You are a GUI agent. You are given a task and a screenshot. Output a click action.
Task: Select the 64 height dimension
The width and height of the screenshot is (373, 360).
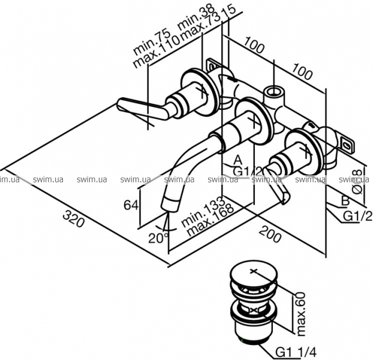tap(131, 205)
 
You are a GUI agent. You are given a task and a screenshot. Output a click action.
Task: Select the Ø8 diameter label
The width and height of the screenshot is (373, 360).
tap(358, 179)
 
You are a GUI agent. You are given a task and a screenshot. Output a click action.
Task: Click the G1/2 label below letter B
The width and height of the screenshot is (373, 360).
tap(358, 215)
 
